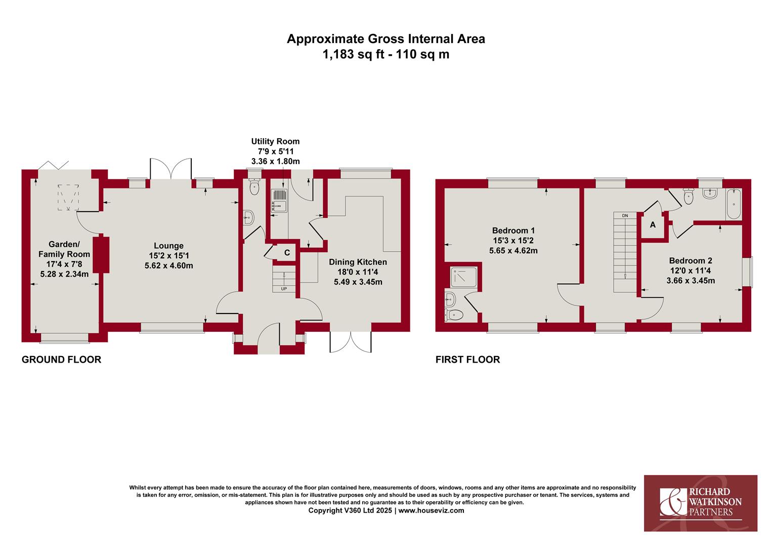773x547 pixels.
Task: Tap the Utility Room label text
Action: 275,141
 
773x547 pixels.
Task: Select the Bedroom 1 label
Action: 513,230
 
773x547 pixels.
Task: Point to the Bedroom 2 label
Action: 691,260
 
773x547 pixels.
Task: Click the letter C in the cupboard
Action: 287,253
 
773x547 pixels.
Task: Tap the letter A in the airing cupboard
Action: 653,225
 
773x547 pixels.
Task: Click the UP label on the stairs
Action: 284,289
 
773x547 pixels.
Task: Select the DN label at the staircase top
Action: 625,216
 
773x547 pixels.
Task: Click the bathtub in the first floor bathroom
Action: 734,204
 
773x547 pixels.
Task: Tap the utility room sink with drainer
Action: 280,201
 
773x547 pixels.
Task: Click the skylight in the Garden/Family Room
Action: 68,198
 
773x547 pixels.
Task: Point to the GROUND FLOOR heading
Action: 61,360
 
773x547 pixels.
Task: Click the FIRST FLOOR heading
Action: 467,360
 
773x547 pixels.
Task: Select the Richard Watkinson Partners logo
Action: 701,503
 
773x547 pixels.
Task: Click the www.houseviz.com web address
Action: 432,511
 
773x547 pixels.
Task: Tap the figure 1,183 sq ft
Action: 354,55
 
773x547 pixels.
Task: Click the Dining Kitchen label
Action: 358,262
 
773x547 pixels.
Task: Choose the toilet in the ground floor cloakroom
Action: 254,187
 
